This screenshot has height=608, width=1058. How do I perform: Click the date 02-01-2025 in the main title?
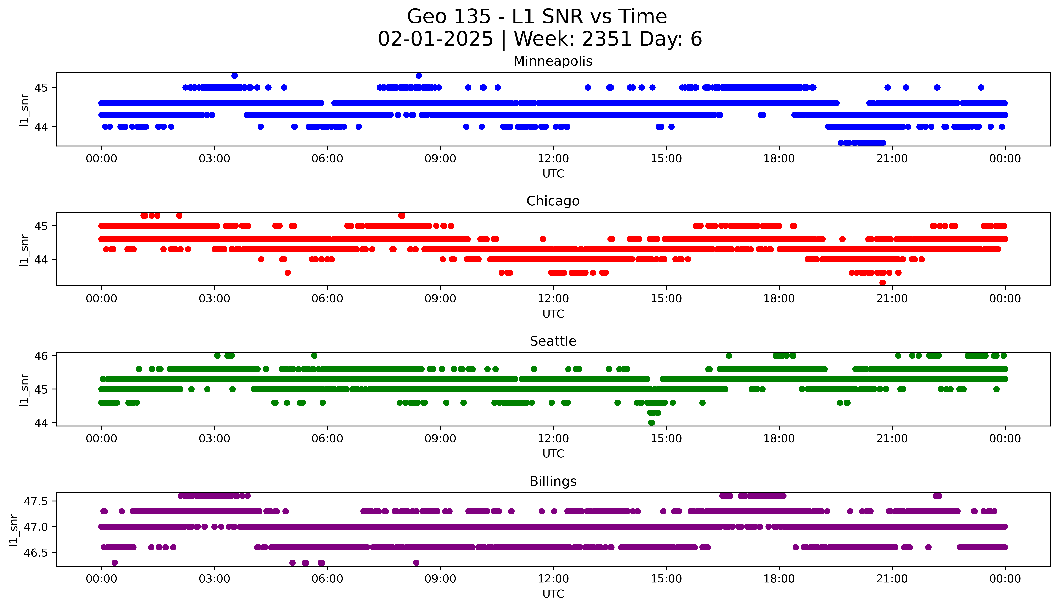435,39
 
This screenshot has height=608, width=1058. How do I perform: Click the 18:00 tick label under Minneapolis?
779,159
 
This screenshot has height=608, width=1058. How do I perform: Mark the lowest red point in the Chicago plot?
882,283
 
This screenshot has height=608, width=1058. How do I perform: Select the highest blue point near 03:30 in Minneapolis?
234,76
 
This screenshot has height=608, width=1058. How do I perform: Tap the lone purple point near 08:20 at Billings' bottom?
416,563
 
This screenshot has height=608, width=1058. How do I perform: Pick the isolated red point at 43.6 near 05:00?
288,273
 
